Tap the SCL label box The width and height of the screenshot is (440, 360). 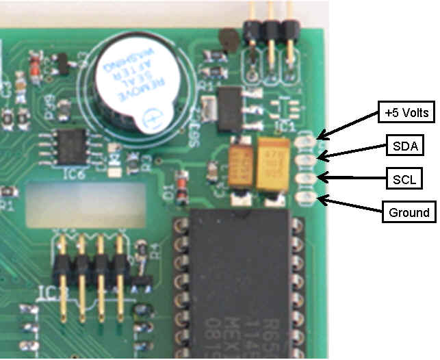402,179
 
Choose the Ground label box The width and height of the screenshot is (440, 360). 409,212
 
